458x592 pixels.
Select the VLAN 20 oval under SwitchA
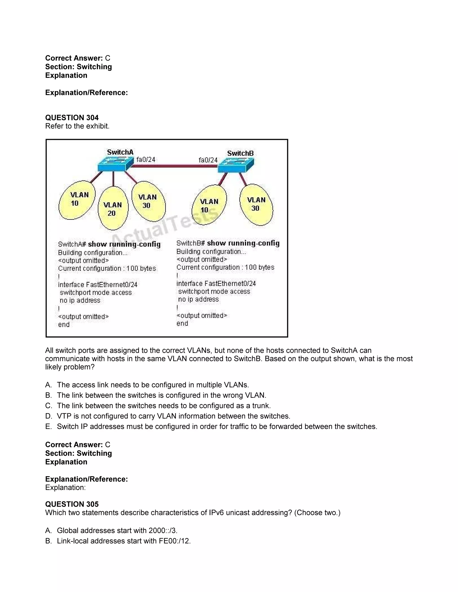(113, 209)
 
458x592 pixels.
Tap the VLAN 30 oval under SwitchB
(256, 204)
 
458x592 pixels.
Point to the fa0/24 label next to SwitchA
(146, 160)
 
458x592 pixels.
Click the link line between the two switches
(174, 166)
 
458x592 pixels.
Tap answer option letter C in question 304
(48, 406)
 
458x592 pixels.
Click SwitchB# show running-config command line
(228, 243)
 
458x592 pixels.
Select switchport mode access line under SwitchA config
(95, 293)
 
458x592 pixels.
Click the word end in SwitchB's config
(182, 323)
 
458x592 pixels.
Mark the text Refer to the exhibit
(77, 126)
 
